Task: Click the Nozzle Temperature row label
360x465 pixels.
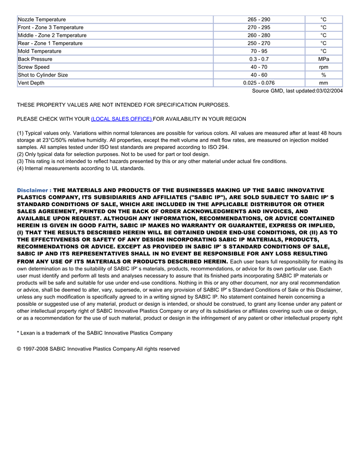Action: pyautogui.click(x=42, y=20)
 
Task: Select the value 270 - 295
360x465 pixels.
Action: pyautogui.click(x=259, y=27)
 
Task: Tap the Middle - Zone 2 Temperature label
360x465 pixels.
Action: pyautogui.click(x=52, y=35)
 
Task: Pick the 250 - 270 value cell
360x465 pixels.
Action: pyautogui.click(x=259, y=43)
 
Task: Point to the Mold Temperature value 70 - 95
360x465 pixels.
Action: pyautogui.click(x=259, y=51)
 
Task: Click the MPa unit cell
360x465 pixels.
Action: pyautogui.click(x=323, y=59)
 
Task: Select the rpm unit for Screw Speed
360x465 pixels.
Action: pyautogui.click(x=323, y=67)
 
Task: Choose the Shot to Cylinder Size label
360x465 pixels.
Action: pyautogui.click(x=43, y=75)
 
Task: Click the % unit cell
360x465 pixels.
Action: pyautogui.click(x=323, y=75)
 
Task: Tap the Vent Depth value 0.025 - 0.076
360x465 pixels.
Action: pyautogui.click(x=259, y=83)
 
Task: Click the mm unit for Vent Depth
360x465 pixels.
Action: pyautogui.click(x=323, y=83)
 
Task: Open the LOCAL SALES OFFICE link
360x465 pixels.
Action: pyautogui.click(x=121, y=119)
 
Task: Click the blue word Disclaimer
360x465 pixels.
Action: pyautogui.click(x=32, y=190)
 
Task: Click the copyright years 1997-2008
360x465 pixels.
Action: pyautogui.click(x=37, y=349)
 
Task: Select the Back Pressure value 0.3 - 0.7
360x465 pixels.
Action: pyautogui.click(x=259, y=59)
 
